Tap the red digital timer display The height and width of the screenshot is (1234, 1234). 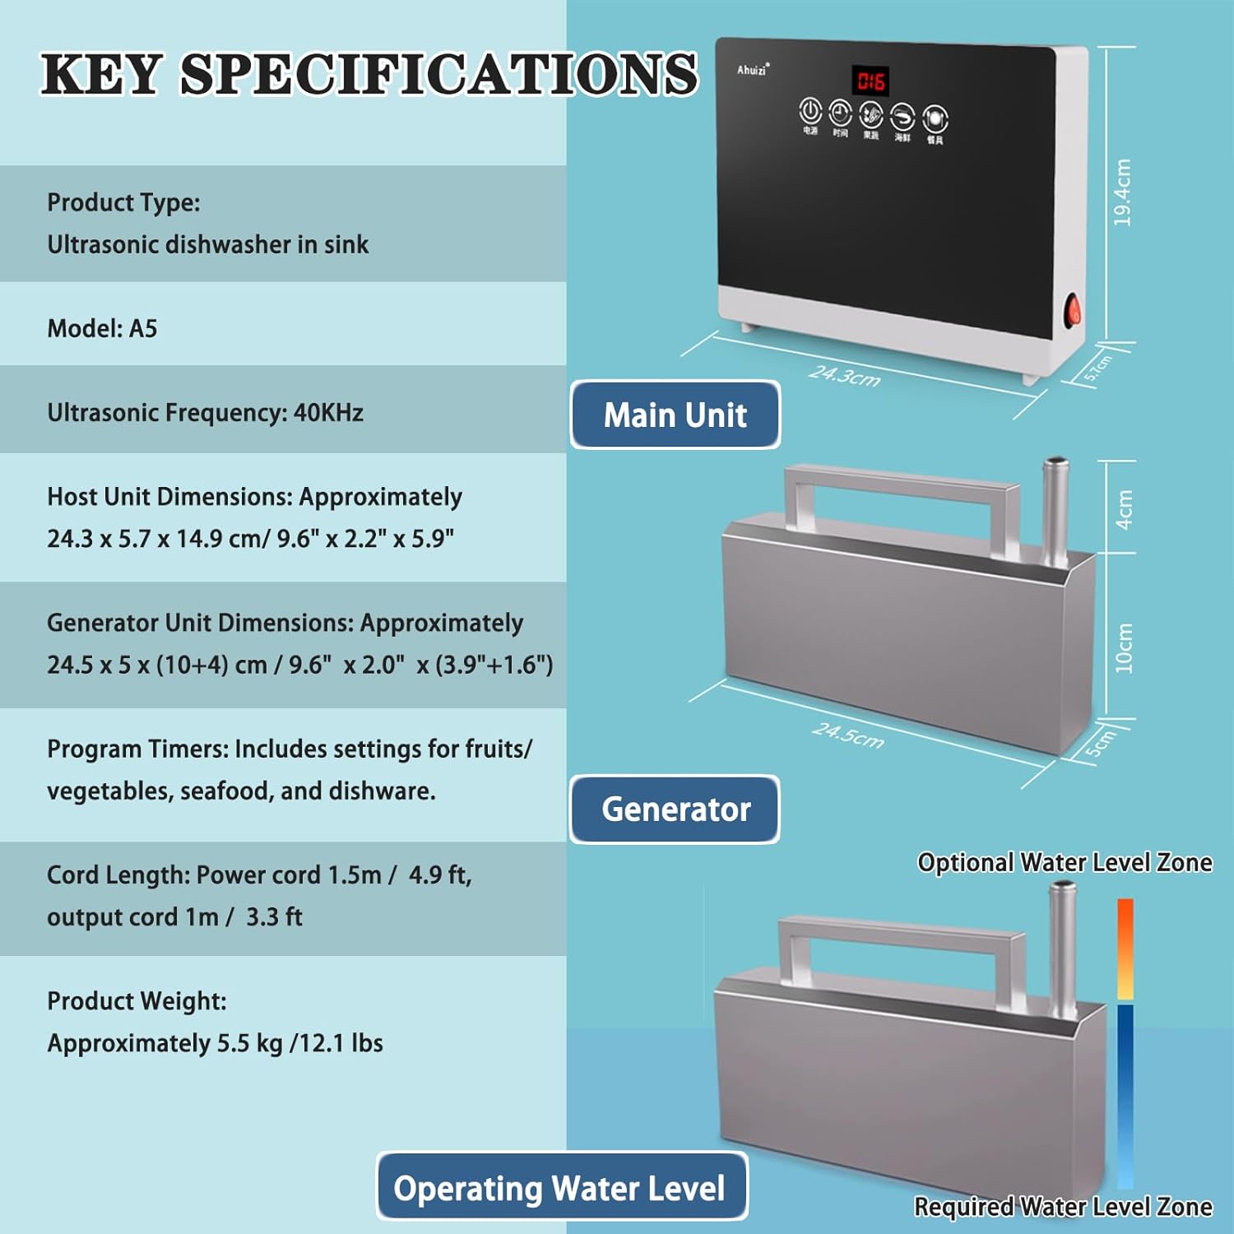(870, 81)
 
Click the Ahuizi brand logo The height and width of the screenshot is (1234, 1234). (752, 70)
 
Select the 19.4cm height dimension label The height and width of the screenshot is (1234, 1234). (1122, 192)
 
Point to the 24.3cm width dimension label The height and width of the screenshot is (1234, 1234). (844, 376)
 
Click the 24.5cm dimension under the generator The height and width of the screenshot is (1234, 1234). (848, 735)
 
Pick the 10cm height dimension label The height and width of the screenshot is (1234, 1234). (1124, 648)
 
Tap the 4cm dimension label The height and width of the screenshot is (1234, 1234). (1124, 509)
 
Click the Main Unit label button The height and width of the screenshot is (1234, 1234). (675, 415)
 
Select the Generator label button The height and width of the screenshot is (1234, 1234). (675, 810)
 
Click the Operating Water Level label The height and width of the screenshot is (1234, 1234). (560, 1188)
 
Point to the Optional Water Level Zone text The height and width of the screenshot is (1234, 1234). (1065, 862)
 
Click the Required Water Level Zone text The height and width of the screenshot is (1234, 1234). (1063, 1206)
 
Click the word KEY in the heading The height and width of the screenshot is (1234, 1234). (100, 74)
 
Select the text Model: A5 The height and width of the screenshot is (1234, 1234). (102, 329)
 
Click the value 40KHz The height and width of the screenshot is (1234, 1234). (328, 412)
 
